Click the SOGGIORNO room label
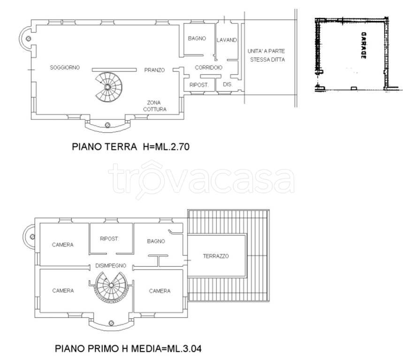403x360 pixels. click(x=65, y=67)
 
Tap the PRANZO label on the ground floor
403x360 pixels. click(x=154, y=70)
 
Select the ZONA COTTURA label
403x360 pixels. click(x=155, y=106)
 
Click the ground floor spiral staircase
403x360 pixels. click(x=108, y=87)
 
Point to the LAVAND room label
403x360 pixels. click(x=227, y=40)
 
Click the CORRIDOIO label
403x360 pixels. click(x=209, y=67)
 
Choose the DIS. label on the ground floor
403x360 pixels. click(x=228, y=84)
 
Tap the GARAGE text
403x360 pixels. click(x=364, y=45)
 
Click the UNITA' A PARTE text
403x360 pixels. click(x=266, y=51)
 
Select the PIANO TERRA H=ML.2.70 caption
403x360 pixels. click(x=130, y=147)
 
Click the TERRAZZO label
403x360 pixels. click(x=216, y=256)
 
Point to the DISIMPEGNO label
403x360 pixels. click(x=111, y=265)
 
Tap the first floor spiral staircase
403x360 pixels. click(x=111, y=287)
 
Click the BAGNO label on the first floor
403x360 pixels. click(x=156, y=241)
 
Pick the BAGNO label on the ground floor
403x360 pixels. click(x=197, y=38)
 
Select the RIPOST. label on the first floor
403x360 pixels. click(x=109, y=239)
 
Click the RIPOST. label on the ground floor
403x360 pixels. click(x=199, y=85)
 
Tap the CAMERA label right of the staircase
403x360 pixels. click(x=160, y=291)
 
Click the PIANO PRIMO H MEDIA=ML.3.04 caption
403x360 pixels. click(x=128, y=349)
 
